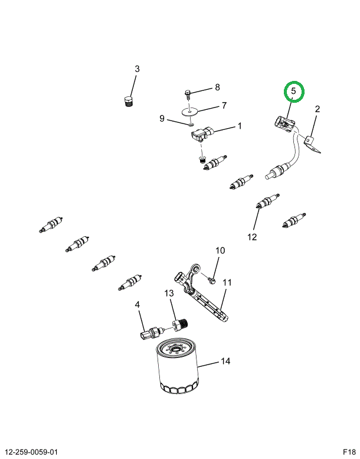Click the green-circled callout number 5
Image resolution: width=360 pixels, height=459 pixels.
pos(294,91)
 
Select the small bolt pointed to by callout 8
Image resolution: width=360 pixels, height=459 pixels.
pos(188,95)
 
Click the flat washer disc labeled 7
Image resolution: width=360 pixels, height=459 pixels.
pos(189,112)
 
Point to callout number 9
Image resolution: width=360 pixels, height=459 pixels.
pos(162,119)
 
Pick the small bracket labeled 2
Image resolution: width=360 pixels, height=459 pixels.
pos(312,145)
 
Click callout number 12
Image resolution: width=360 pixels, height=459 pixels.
pos(252,237)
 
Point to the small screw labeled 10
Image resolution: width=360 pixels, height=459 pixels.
pos(212,281)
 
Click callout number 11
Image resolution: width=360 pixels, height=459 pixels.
pos(227,283)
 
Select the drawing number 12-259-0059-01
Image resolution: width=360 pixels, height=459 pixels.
pos(32,452)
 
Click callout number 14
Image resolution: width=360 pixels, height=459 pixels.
pos(225,361)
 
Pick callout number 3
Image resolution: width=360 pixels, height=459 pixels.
pos(137,69)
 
